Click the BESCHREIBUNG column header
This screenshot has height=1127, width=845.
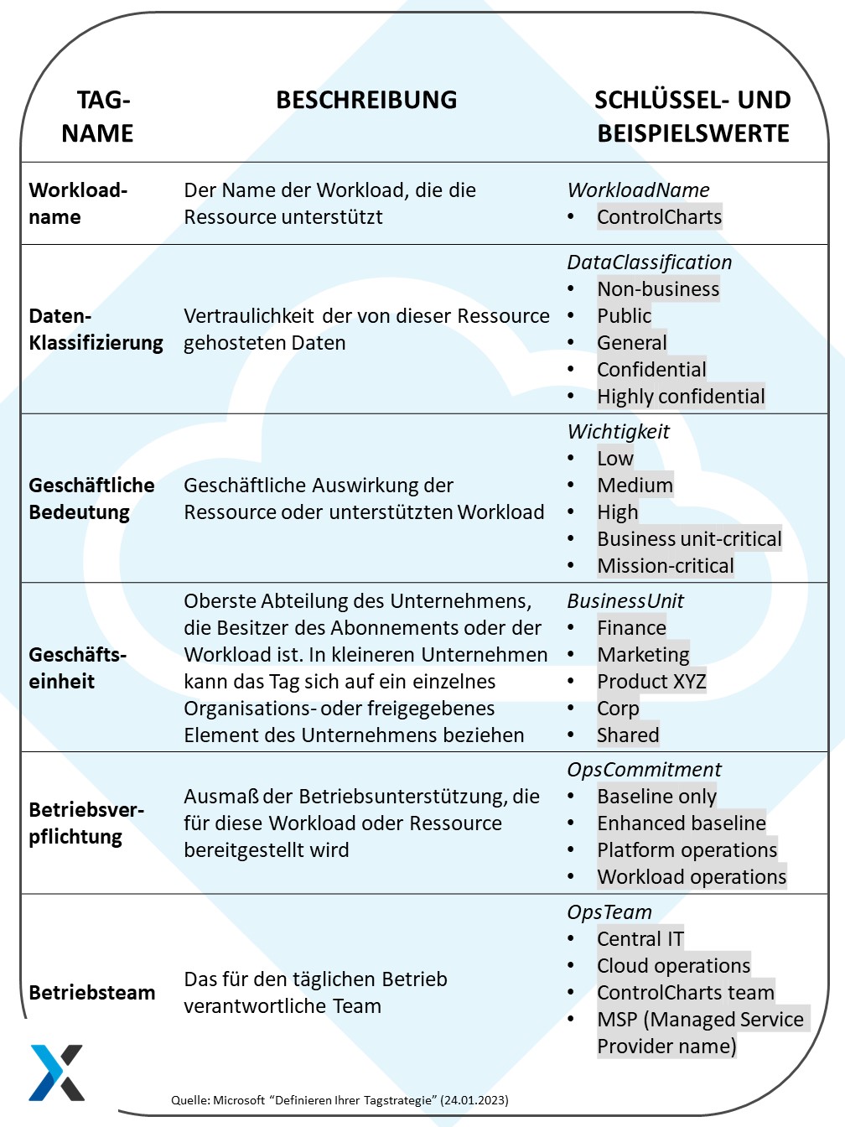pyautogui.click(x=366, y=100)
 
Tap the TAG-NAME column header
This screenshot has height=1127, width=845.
pyautogui.click(x=98, y=117)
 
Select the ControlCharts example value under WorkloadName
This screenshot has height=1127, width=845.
pyautogui.click(x=659, y=217)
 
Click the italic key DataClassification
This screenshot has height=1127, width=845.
pyautogui.click(x=649, y=262)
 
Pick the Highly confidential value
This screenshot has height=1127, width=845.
pyautogui.click(x=681, y=397)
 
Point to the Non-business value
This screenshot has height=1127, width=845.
pyautogui.click(x=658, y=289)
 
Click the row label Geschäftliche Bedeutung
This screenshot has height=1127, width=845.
pyautogui.click(x=91, y=499)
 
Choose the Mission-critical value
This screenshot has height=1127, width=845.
pyautogui.click(x=666, y=566)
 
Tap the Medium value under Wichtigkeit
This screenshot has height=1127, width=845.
pyautogui.click(x=635, y=486)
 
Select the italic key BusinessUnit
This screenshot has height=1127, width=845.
pyautogui.click(x=625, y=601)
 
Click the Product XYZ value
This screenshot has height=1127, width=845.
pyautogui.click(x=651, y=682)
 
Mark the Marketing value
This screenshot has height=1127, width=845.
pyautogui.click(x=643, y=655)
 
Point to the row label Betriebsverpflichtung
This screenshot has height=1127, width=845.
pyautogui.click(x=86, y=823)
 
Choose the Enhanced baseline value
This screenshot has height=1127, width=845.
pyautogui.click(x=682, y=823)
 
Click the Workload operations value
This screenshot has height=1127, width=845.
pyautogui.click(x=692, y=877)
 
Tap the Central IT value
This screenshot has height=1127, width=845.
pyautogui.click(x=640, y=939)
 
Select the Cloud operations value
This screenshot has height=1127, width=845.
pyautogui.click(x=673, y=966)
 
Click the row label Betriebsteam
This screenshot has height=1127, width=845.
pyautogui.click(x=92, y=993)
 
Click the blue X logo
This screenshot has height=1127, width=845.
pyautogui.click(x=57, y=1072)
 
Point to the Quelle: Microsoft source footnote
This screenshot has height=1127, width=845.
pyautogui.click(x=340, y=1100)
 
